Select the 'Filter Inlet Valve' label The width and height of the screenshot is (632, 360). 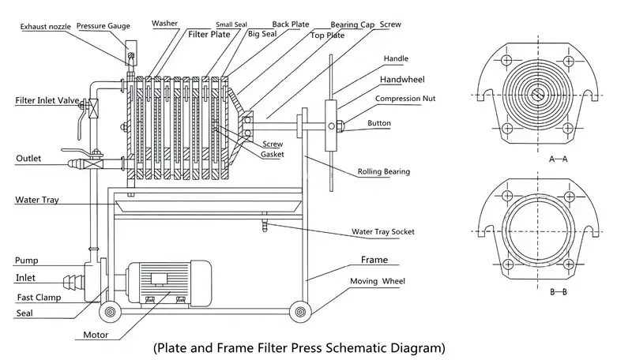pyautogui.click(x=47, y=101)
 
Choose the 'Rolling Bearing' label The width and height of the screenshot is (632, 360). pyautogui.click(x=384, y=171)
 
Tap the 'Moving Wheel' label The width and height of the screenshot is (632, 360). pyautogui.click(x=386, y=280)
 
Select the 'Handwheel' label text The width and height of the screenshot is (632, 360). pyautogui.click(x=404, y=81)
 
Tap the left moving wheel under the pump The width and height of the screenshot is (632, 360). pyautogui.click(x=110, y=313)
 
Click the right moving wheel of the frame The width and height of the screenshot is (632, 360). pyautogui.click(x=300, y=313)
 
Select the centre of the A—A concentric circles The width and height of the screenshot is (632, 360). pyautogui.click(x=537, y=96)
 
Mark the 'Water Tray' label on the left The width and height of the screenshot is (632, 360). pyautogui.click(x=38, y=200)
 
